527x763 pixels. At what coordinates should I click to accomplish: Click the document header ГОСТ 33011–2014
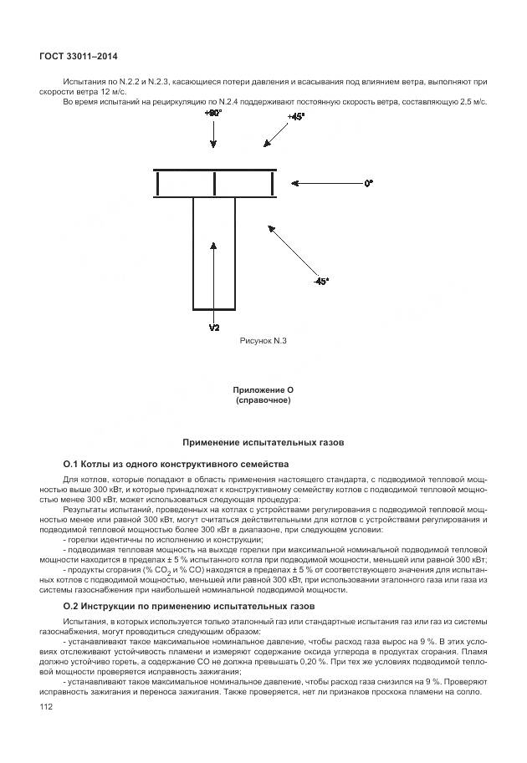tap(78, 56)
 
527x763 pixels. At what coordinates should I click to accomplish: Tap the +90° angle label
tap(213, 112)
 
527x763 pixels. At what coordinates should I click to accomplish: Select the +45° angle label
tap(296, 116)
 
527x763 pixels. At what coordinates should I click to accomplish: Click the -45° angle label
tap(321, 282)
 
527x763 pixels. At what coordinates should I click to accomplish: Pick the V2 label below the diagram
tap(213, 327)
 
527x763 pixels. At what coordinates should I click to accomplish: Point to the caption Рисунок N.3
tap(263, 341)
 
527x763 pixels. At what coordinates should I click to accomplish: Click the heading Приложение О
tap(263, 390)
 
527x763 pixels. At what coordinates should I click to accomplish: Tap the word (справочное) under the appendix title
tap(263, 401)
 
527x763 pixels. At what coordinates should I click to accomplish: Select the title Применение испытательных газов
tap(263, 442)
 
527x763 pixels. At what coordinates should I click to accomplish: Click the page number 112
tap(47, 708)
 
